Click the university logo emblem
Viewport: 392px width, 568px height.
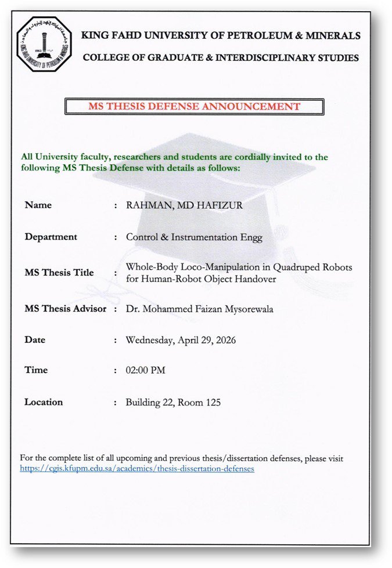point(44,44)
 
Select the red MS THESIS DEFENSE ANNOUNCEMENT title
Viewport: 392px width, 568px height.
point(194,106)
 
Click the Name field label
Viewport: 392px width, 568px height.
point(38,205)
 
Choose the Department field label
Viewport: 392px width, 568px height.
point(51,237)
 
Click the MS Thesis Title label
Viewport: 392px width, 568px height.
point(59,273)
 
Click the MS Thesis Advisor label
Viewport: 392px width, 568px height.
point(65,309)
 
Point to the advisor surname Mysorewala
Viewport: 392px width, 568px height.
point(246,309)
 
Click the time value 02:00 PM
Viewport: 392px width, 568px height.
point(145,370)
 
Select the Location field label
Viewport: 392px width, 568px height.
point(44,402)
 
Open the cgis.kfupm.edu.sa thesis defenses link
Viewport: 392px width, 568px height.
point(137,468)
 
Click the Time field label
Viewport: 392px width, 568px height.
point(36,370)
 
